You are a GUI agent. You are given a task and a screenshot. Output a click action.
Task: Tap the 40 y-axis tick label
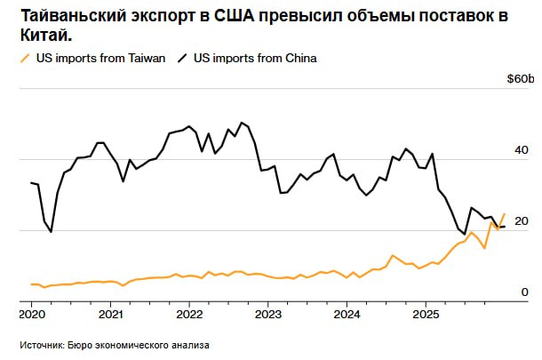pyautogui.click(x=522, y=150)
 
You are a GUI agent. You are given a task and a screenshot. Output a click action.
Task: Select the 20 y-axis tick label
pyautogui.click(x=522, y=220)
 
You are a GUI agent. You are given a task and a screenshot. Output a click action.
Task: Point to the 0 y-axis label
pyautogui.click(x=525, y=292)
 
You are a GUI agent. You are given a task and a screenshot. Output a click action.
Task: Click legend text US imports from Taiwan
pyautogui.click(x=100, y=59)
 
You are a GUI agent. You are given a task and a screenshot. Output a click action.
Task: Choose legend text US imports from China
pyautogui.click(x=255, y=59)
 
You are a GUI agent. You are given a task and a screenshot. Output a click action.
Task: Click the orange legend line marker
pyautogui.click(x=24, y=59)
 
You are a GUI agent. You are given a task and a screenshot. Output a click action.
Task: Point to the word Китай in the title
pyautogui.click(x=44, y=36)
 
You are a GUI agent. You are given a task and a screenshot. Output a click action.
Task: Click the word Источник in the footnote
pyautogui.click(x=41, y=344)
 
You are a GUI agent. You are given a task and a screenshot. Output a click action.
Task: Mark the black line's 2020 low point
pyautogui.click(x=51, y=232)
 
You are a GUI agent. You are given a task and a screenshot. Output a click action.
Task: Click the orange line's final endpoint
pyautogui.click(x=505, y=213)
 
